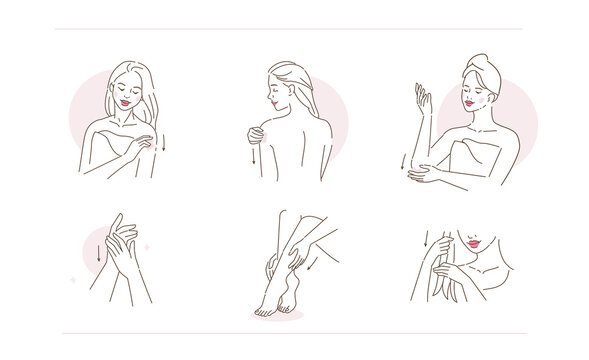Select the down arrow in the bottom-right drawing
[425, 239]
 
